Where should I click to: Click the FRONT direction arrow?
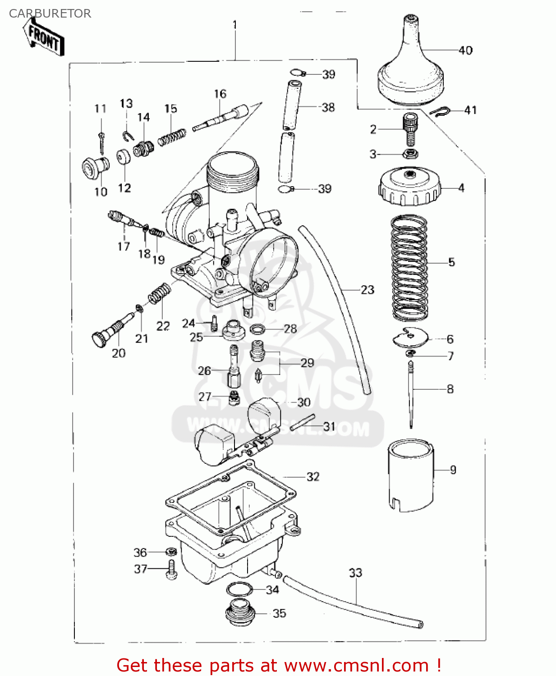click(44, 38)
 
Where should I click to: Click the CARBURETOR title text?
click(50, 14)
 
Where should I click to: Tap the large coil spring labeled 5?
click(409, 268)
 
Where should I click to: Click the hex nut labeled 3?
click(410, 154)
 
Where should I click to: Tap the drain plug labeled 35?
click(240, 613)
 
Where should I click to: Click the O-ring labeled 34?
click(239, 589)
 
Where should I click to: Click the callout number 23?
click(368, 290)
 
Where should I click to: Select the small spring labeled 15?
click(172, 137)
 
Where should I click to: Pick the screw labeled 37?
click(171, 570)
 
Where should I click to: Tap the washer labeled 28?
click(257, 329)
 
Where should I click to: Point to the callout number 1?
click(234, 25)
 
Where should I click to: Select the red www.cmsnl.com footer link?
click(356, 665)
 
